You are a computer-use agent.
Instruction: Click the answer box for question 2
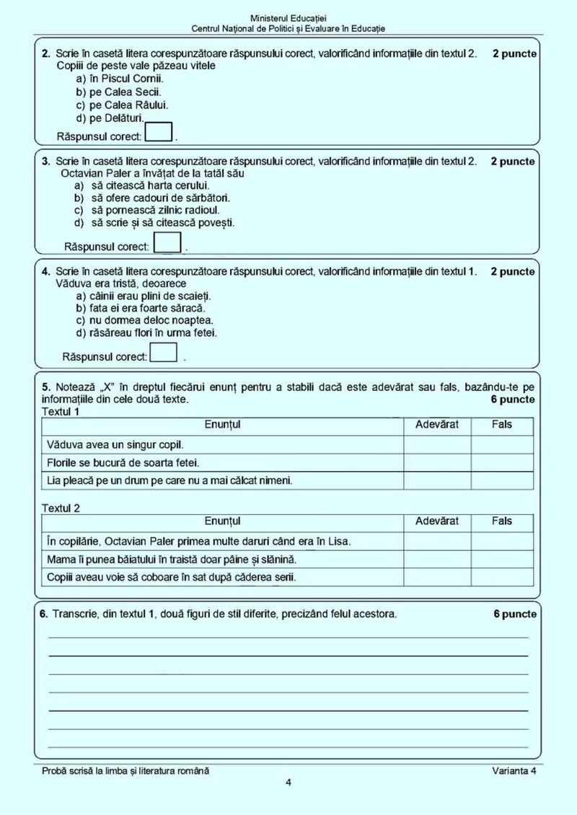(159, 132)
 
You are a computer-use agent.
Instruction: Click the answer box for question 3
(168, 242)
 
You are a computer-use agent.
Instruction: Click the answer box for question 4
(163, 353)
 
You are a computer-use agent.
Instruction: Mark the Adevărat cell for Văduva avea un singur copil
(437, 444)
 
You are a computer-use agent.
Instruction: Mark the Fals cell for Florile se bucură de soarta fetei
(502, 462)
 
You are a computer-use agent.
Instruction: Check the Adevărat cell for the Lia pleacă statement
(437, 480)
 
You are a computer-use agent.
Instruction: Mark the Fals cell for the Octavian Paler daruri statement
(502, 541)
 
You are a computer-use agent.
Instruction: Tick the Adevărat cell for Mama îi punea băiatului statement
(437, 559)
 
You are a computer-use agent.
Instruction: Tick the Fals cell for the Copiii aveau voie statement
(502, 577)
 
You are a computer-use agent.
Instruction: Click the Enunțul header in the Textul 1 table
(222, 425)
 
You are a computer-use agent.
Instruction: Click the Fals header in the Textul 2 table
(502, 521)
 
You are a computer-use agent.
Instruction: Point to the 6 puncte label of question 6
(514, 614)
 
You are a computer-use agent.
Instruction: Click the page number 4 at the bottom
(288, 783)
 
